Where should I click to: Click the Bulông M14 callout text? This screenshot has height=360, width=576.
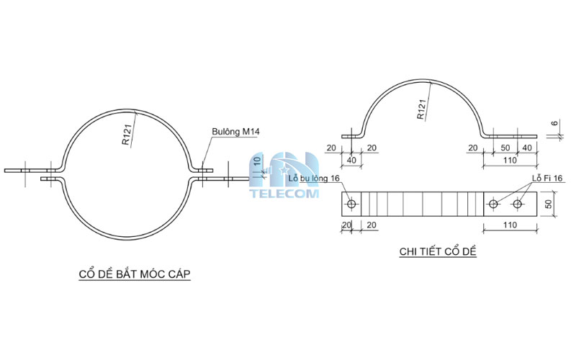pos(234,132)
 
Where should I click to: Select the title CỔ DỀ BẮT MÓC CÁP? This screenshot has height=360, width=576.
pos(134,274)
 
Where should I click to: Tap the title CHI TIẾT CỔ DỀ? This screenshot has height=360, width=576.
pos(438,251)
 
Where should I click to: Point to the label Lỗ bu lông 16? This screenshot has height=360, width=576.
pos(313,178)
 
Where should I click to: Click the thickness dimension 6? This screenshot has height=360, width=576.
pos(554,124)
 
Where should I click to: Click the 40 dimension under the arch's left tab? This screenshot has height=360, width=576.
pos(353,160)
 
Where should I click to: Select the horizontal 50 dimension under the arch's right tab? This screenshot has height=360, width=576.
pos(506,148)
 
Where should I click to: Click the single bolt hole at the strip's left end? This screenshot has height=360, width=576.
pos(351,204)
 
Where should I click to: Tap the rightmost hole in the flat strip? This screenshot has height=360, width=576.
pos(517,204)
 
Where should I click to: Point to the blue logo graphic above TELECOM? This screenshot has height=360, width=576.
pos(284,168)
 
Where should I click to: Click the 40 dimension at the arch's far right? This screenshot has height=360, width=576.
pos(528,148)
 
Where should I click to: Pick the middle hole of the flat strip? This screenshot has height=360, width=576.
pos(493,204)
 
